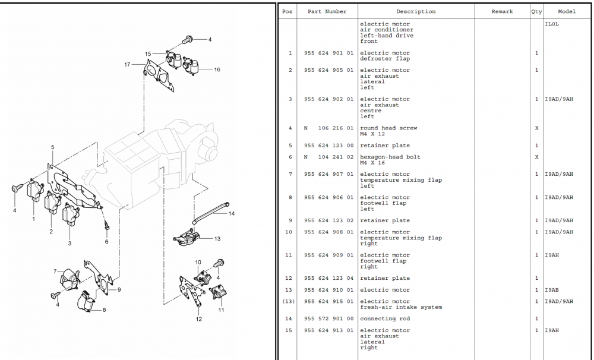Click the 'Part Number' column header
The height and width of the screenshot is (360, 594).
(x=327, y=12)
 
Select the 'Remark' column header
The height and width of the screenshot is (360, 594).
(x=502, y=12)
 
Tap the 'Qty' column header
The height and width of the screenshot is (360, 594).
(x=536, y=12)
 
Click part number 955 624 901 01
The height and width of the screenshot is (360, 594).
(x=328, y=53)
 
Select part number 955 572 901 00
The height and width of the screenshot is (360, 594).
(x=328, y=319)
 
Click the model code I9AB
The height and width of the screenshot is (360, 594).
(x=552, y=290)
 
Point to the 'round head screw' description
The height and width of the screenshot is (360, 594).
(x=388, y=128)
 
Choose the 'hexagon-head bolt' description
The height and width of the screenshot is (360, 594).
(x=390, y=157)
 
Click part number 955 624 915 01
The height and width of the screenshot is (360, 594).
(x=328, y=302)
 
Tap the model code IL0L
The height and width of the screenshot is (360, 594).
(x=552, y=24)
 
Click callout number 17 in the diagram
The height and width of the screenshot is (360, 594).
(x=127, y=64)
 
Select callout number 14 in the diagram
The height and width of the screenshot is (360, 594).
(x=231, y=213)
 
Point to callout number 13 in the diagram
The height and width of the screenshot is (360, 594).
(x=217, y=239)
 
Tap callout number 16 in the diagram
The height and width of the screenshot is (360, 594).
(x=217, y=70)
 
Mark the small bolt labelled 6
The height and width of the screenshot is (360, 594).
(x=105, y=226)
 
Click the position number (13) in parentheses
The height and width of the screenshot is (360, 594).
(x=289, y=302)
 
